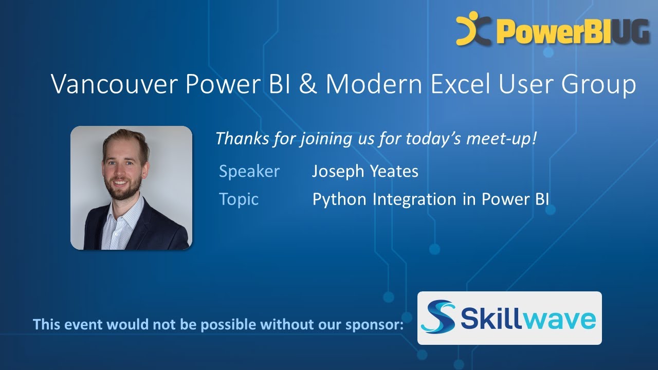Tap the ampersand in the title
point(308,84)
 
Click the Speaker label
point(249,171)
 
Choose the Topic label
point(239,199)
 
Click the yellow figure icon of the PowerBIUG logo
point(470,28)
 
